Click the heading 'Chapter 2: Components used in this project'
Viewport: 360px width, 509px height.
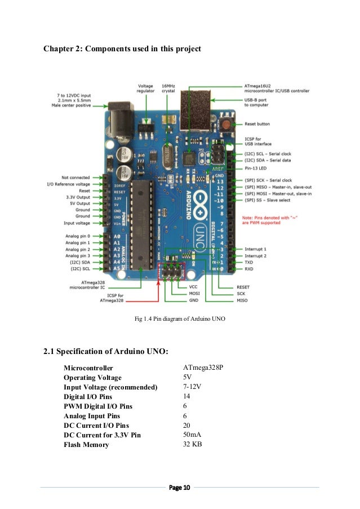122,49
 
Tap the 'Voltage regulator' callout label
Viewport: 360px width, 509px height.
145,89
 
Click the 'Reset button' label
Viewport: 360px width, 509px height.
257,123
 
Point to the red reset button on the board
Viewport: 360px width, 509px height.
226,125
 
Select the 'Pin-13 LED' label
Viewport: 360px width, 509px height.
256,168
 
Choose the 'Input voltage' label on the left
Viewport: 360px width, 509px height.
75,223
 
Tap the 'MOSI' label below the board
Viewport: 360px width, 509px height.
194,294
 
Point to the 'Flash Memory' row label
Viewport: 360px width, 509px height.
87,445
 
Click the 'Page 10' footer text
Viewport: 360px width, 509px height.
180,487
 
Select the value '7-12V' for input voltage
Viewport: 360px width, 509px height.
192,387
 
